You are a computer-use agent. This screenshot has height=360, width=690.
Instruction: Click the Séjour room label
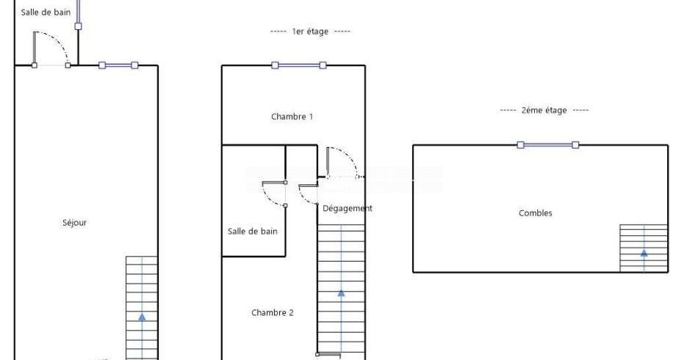coord(74,223)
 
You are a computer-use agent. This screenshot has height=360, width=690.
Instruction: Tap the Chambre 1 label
coord(292,117)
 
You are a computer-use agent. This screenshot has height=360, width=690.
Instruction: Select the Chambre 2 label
coord(273,312)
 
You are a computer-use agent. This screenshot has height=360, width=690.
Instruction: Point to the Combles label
coord(535,213)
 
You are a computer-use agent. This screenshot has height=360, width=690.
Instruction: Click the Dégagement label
coord(347,208)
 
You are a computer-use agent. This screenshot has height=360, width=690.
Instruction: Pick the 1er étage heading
coord(310,32)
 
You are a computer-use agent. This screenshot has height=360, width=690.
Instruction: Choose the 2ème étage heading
coord(544,110)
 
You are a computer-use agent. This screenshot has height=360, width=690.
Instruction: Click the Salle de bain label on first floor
coord(253,231)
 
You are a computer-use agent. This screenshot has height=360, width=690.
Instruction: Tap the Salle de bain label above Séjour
coord(46,12)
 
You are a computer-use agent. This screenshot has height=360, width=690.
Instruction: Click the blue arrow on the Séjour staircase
coord(142,317)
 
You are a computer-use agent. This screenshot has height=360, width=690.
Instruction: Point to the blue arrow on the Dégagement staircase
coord(341,292)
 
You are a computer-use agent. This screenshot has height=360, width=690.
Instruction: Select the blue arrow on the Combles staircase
coord(644,253)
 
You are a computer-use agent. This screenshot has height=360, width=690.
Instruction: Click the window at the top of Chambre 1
coord(299,65)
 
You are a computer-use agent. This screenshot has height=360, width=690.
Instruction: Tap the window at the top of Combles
coord(548,145)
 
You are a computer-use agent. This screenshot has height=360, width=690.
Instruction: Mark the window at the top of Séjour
coord(118,65)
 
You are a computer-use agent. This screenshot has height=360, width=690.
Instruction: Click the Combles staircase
coord(644,248)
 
